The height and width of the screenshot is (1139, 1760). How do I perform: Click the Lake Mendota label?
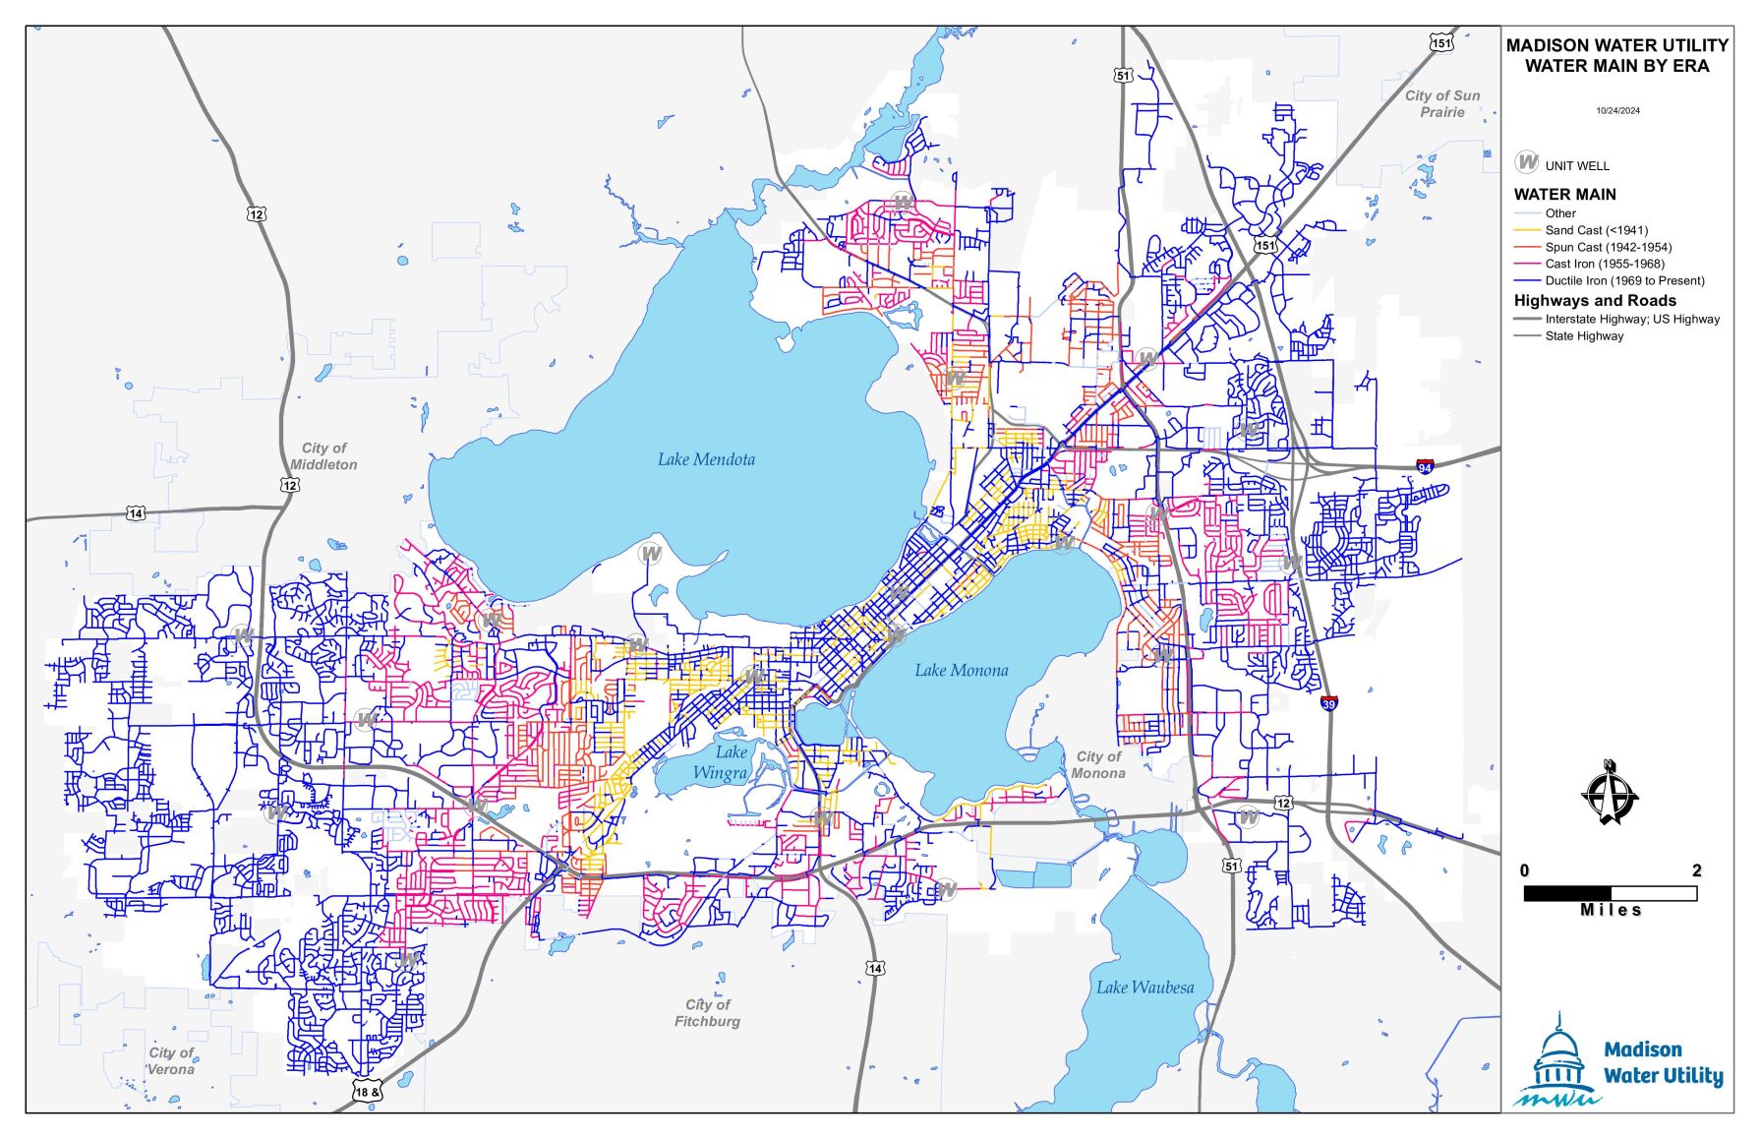click(x=706, y=459)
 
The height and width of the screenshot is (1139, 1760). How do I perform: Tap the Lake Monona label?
click(x=961, y=671)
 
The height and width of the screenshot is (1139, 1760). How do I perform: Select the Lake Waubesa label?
click(x=1145, y=988)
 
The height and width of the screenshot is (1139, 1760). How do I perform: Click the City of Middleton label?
click(x=323, y=456)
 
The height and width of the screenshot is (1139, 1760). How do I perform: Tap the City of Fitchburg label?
click(x=708, y=1013)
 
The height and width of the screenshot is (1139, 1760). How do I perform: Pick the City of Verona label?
click(x=171, y=1061)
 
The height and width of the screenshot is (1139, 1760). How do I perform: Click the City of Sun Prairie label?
click(x=1441, y=103)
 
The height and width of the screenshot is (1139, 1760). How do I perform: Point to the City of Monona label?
click(x=1098, y=764)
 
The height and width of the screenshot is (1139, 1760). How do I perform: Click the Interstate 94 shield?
click(x=1425, y=466)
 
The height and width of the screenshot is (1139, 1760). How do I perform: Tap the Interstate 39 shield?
click(x=1328, y=703)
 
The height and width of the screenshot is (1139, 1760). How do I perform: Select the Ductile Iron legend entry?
click(x=1624, y=280)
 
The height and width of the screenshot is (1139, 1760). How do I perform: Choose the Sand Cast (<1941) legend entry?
click(x=1596, y=230)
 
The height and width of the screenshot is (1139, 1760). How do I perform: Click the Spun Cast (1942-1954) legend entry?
click(x=1608, y=247)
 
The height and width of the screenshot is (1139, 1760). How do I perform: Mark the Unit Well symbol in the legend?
click(x=1526, y=162)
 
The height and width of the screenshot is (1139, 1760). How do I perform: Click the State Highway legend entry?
click(x=1584, y=336)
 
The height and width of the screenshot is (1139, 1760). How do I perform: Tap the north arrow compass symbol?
click(x=1610, y=794)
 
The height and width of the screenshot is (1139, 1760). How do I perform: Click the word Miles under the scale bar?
click(x=1611, y=911)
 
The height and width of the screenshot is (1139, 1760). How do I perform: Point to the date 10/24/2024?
click(x=1617, y=111)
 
